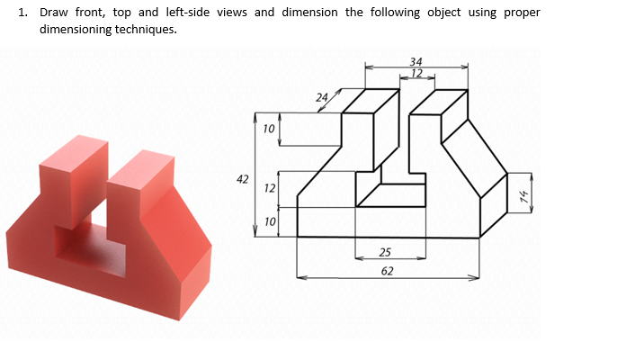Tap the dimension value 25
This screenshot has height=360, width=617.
[x=386, y=253]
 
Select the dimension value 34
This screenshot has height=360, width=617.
[x=416, y=61]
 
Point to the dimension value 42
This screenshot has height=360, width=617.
[x=242, y=179]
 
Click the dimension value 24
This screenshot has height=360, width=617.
[x=322, y=96]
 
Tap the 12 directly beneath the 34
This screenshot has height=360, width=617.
[x=416, y=72]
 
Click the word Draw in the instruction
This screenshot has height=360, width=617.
[x=55, y=13]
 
